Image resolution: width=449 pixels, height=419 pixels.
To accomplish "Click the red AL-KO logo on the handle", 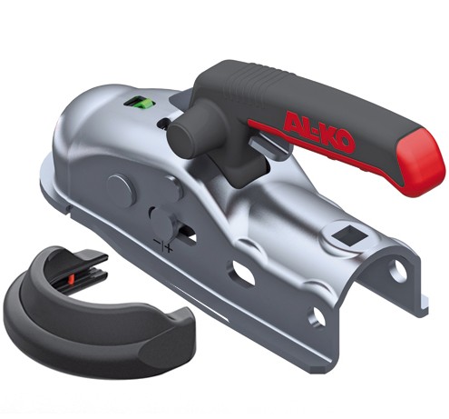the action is (319, 131).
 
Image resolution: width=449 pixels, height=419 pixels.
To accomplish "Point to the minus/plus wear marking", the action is (163, 244).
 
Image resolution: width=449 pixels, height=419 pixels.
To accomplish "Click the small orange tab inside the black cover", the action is (72, 278).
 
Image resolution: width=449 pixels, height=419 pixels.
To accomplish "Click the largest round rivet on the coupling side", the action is (120, 190).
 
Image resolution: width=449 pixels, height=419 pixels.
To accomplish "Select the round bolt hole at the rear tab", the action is (397, 270).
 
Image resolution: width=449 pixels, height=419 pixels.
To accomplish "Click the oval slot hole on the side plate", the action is (244, 272).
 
